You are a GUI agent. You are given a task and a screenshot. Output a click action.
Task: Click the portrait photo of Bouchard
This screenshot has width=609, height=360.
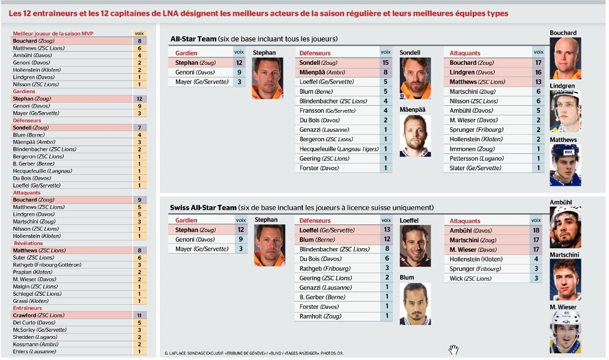coord(565,58)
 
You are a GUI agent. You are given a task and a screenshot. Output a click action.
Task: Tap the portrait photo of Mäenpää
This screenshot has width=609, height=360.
coord(415,135)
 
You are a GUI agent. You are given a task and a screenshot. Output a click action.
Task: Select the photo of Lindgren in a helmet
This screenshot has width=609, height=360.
coord(565,111)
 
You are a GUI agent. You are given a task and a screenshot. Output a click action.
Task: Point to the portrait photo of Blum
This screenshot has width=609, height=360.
coord(415,304)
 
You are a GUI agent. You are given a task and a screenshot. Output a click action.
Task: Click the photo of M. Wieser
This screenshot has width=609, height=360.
coord(565,332)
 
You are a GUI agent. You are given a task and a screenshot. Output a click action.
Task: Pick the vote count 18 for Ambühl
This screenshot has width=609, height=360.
coord(538,230)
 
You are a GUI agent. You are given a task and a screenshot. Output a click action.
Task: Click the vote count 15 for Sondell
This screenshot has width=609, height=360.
coord(386,63)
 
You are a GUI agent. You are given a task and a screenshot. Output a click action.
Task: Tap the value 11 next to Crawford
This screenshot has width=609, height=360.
coord(139,315)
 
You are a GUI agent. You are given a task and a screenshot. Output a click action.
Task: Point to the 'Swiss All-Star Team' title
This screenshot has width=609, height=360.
coord(203,208)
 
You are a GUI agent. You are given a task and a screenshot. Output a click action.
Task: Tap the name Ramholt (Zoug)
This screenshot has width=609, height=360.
coord(320,316)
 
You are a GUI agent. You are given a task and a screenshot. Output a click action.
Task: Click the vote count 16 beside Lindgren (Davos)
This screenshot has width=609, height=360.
coord(538,72)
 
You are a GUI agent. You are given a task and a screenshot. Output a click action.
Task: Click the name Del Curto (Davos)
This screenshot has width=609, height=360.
coord(34,323)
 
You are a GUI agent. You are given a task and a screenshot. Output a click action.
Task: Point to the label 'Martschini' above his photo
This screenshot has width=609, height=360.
coord(564,255)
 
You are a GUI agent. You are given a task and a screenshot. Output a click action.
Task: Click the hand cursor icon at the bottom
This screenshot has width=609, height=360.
coord(453,349)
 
